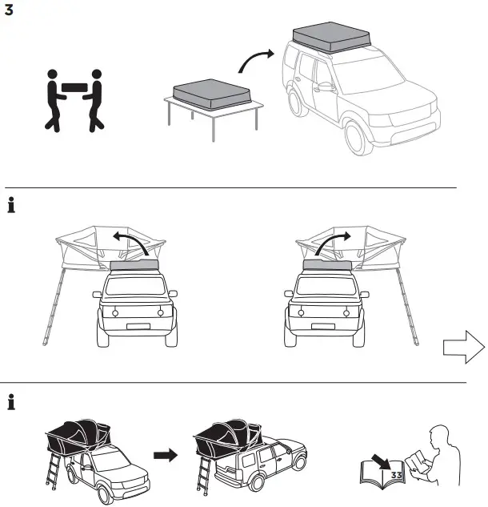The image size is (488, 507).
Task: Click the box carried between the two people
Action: point(73,86)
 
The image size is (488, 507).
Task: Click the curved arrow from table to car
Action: point(258,62)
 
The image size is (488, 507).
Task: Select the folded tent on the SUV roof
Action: point(330,37)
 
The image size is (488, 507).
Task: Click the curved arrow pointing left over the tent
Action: point(131,243)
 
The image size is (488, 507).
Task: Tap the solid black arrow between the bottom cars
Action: point(165,455)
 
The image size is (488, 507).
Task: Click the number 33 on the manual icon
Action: point(396,475)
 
